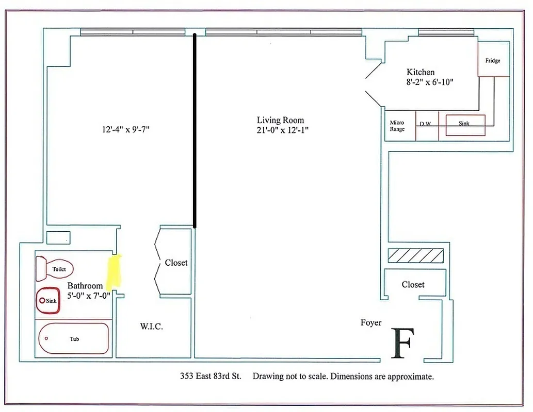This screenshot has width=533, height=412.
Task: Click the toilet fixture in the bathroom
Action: coord(55,268)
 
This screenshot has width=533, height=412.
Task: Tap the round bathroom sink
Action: coord(48,300)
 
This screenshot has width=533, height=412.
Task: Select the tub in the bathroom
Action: coord(74,338)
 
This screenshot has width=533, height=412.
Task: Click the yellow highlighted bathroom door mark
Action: coord(114,271)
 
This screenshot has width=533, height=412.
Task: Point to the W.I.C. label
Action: coord(152,327)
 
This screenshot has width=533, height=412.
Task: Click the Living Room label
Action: coord(280,120)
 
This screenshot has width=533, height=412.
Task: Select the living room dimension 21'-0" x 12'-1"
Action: coord(283,130)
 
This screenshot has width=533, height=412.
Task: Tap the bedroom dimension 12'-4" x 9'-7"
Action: coord(125,130)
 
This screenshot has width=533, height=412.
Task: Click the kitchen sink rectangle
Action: coord(465,125)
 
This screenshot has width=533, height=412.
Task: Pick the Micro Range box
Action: coord(397,126)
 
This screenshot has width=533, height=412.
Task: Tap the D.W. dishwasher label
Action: coord(426,124)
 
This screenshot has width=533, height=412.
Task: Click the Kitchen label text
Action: coord(421,72)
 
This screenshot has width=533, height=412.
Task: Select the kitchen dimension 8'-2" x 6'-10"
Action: coord(429,82)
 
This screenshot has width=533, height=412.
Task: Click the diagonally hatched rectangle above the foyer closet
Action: coord(415,255)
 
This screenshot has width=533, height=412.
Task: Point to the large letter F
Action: coord(402,344)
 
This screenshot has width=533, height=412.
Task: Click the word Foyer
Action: coord(371,323)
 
